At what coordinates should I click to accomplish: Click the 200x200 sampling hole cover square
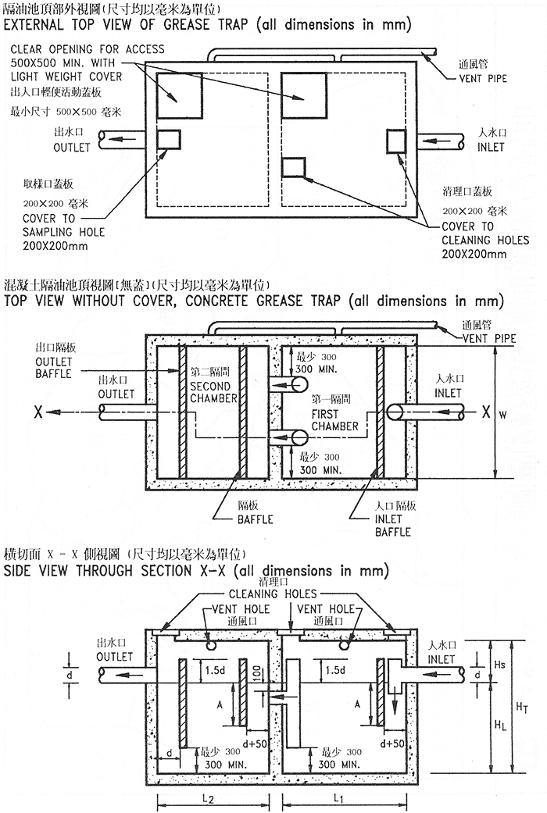pos(168,139)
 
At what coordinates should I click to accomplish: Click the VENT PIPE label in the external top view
pos(485,79)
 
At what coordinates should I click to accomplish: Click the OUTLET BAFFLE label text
pos(54,368)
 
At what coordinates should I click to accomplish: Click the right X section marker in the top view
pos(486,412)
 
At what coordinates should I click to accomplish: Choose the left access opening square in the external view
pos(179,94)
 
